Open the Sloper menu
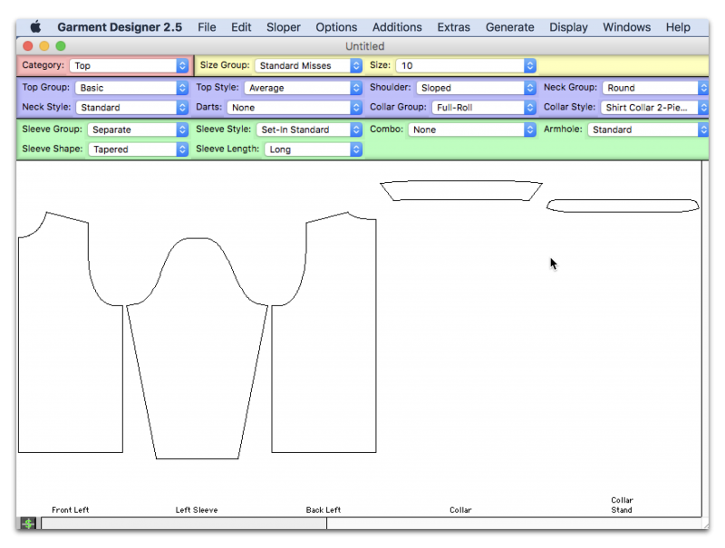[x=283, y=27]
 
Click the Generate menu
[x=509, y=27]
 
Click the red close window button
[x=28, y=46]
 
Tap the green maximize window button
[x=61, y=46]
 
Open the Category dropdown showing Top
[x=129, y=65]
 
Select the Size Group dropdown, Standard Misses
[x=308, y=65]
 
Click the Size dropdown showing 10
[x=466, y=65]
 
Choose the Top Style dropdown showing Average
[x=303, y=88]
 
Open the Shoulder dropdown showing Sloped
[x=476, y=88]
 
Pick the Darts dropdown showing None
[x=294, y=108]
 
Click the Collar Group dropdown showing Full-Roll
[x=484, y=108]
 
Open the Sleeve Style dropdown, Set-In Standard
[x=309, y=130]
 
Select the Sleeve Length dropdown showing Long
[x=313, y=149]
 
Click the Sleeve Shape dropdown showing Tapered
[x=139, y=149]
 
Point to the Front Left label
[x=71, y=510]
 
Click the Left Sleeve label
[x=197, y=510]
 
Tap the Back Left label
[x=324, y=510]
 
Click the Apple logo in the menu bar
[x=35, y=27]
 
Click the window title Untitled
[x=365, y=46]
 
